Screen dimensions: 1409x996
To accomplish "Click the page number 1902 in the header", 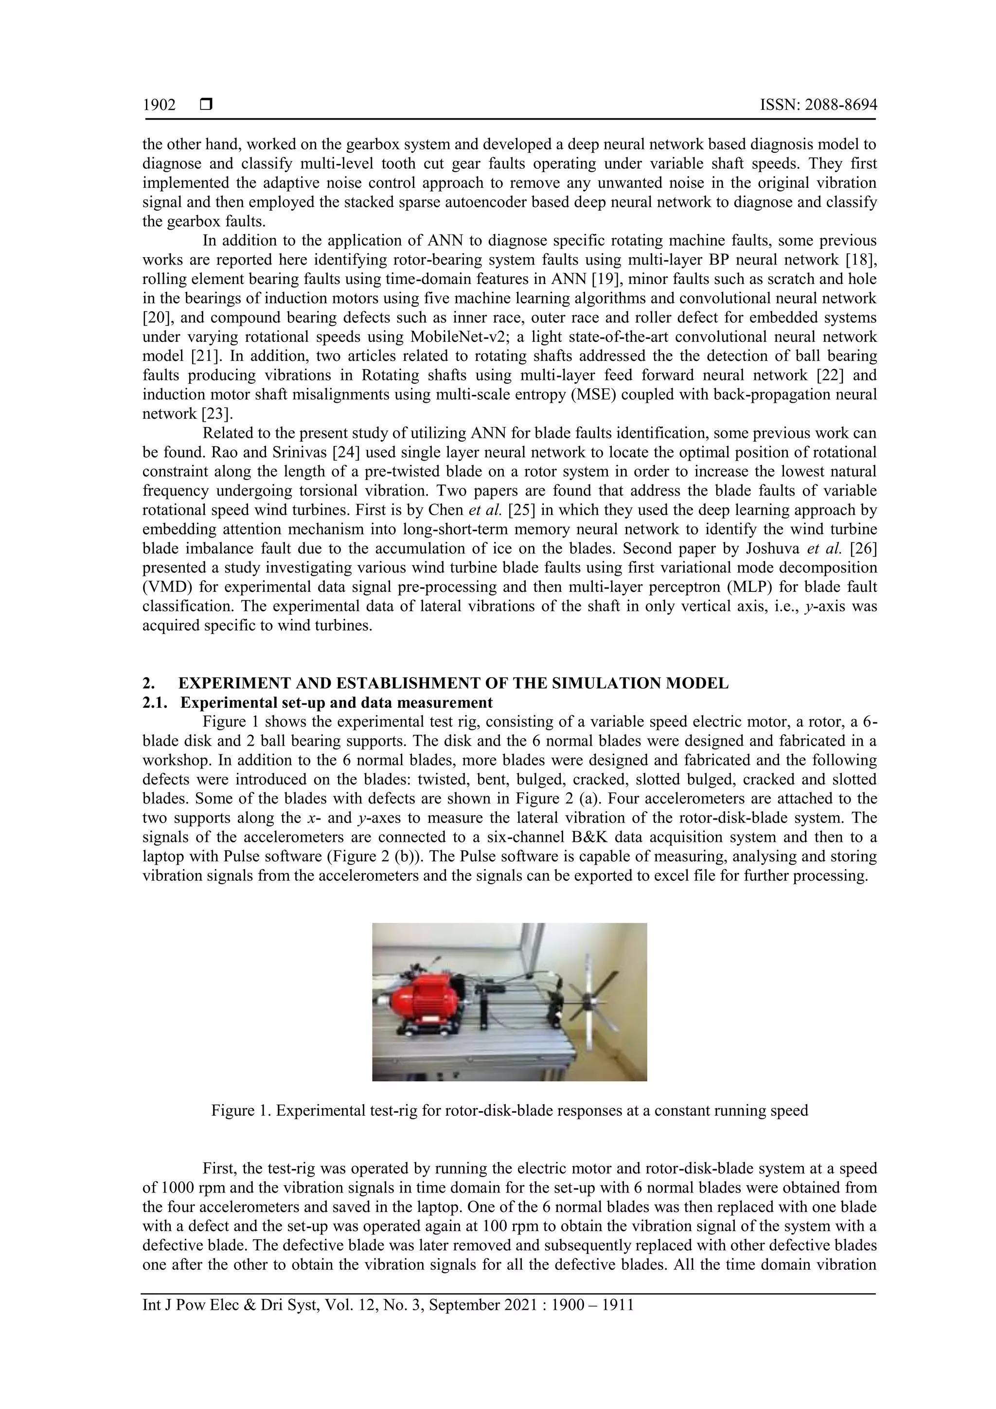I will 159,105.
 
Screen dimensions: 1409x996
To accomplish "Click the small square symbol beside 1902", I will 206,105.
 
